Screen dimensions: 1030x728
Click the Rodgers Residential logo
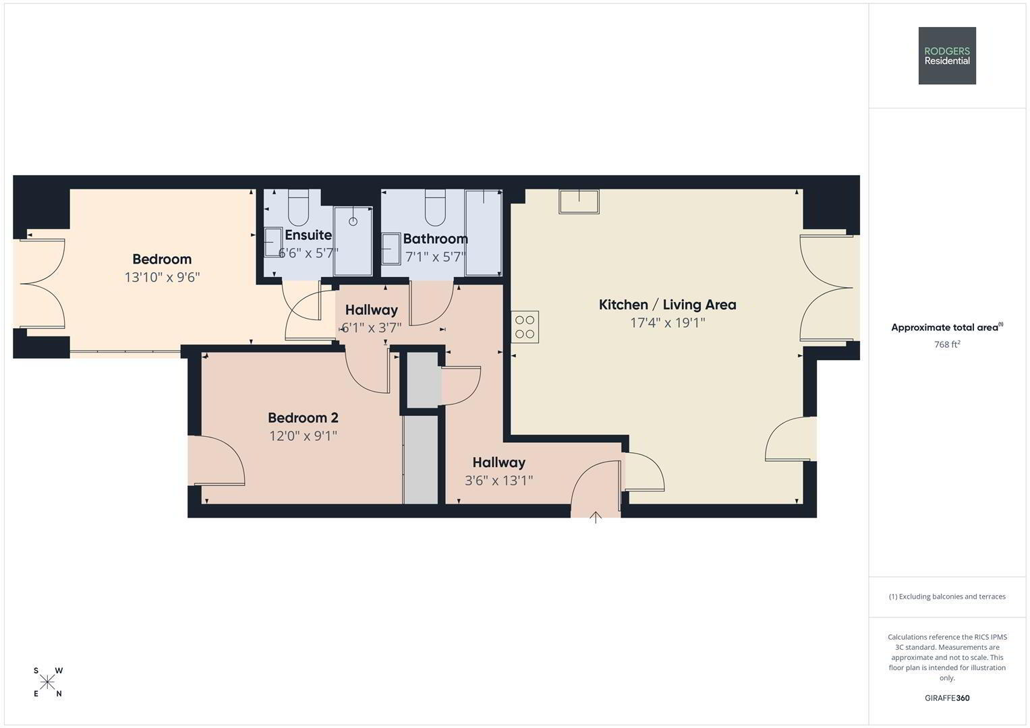[x=947, y=55]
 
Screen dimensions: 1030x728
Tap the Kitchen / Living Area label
[x=667, y=305]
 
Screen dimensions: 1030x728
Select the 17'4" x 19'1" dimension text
[x=667, y=323]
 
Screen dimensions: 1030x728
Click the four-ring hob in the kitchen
[x=525, y=327]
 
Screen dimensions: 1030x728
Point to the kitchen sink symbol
[x=579, y=202]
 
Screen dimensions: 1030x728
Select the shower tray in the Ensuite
[x=353, y=241]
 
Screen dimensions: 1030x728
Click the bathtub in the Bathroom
[x=483, y=233]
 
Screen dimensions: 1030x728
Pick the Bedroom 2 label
[x=303, y=418]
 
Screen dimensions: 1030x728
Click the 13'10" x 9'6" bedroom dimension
[x=162, y=277]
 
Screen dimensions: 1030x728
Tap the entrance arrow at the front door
[x=596, y=518]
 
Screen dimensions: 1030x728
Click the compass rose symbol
[x=47, y=682]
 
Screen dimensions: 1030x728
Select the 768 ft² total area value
[x=947, y=344]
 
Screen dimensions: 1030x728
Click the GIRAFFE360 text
[x=947, y=698]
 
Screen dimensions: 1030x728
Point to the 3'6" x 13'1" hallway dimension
[x=499, y=480]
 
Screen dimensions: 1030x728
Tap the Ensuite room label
[x=308, y=235]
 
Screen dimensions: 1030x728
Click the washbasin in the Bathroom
[x=391, y=249]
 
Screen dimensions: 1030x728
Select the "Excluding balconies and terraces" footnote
[x=947, y=597]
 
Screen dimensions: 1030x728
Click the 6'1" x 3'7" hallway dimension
[x=371, y=328]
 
